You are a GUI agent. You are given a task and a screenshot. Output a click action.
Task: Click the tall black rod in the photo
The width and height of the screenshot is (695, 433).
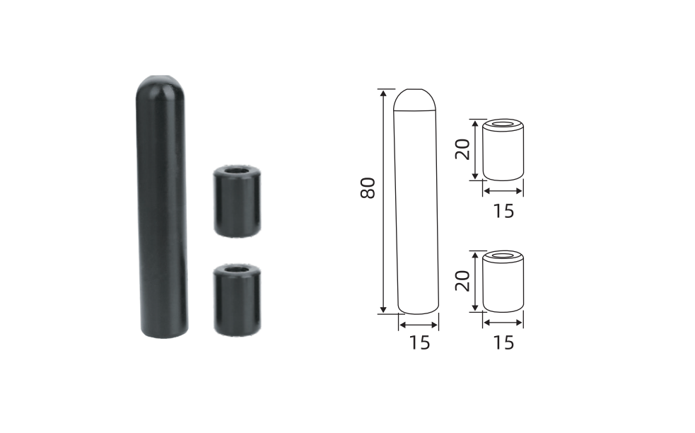pyautogui.click(x=162, y=207)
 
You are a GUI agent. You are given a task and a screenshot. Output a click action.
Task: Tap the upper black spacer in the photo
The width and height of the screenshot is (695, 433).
pyautogui.click(x=237, y=202)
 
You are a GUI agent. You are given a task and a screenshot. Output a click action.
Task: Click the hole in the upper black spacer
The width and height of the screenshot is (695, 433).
pyautogui.click(x=237, y=171)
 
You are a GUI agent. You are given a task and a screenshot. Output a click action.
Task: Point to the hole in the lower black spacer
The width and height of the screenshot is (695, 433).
pyautogui.click(x=237, y=268)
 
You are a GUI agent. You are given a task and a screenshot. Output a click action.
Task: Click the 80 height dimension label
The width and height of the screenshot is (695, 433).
pyautogui.click(x=368, y=187)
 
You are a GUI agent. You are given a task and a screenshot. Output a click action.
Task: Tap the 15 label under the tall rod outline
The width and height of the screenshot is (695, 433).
pyautogui.click(x=419, y=342)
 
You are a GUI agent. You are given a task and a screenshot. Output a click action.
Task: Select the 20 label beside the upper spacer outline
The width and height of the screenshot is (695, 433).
pyautogui.click(x=462, y=149)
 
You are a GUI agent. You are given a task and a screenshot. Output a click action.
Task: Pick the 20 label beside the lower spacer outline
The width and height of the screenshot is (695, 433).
pyautogui.click(x=462, y=281)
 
